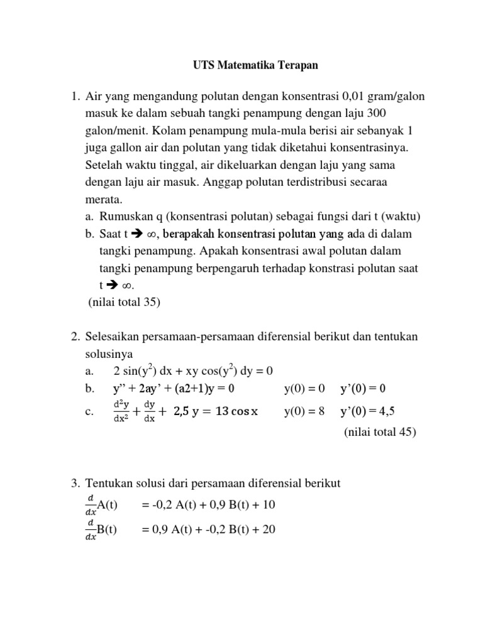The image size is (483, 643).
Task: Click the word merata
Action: click(x=104, y=199)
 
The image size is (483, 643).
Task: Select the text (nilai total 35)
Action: click(x=125, y=302)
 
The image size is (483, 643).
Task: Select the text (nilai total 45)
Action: click(x=380, y=432)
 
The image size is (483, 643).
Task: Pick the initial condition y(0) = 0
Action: click(x=304, y=389)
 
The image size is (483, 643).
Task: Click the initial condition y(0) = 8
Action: click(x=304, y=411)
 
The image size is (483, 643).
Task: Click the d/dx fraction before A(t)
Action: click(x=90, y=505)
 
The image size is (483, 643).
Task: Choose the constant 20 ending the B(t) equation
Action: click(x=269, y=529)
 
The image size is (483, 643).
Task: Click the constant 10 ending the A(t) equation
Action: click(x=269, y=505)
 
